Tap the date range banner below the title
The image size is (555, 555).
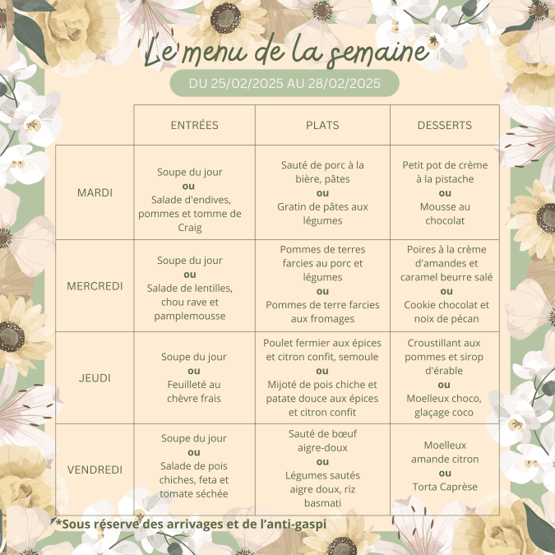(284, 83)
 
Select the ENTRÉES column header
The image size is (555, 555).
(194, 126)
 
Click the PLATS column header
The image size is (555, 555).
(322, 126)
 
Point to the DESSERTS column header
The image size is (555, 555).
(444, 126)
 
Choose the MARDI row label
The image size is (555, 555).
(95, 192)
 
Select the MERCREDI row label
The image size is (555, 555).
(95, 286)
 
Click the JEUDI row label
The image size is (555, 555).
(95, 378)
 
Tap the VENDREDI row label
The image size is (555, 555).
(95, 469)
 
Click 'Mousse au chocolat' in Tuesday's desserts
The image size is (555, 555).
(445, 214)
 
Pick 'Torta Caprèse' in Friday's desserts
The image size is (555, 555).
(445, 487)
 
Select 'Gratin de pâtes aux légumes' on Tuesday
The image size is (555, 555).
(322, 214)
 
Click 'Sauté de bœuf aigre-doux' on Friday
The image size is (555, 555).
(322, 441)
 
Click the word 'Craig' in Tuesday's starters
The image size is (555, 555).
(194, 228)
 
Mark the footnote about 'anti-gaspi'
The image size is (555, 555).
(191, 522)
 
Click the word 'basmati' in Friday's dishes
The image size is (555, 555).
(322, 502)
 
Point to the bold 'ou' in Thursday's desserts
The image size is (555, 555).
(445, 385)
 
